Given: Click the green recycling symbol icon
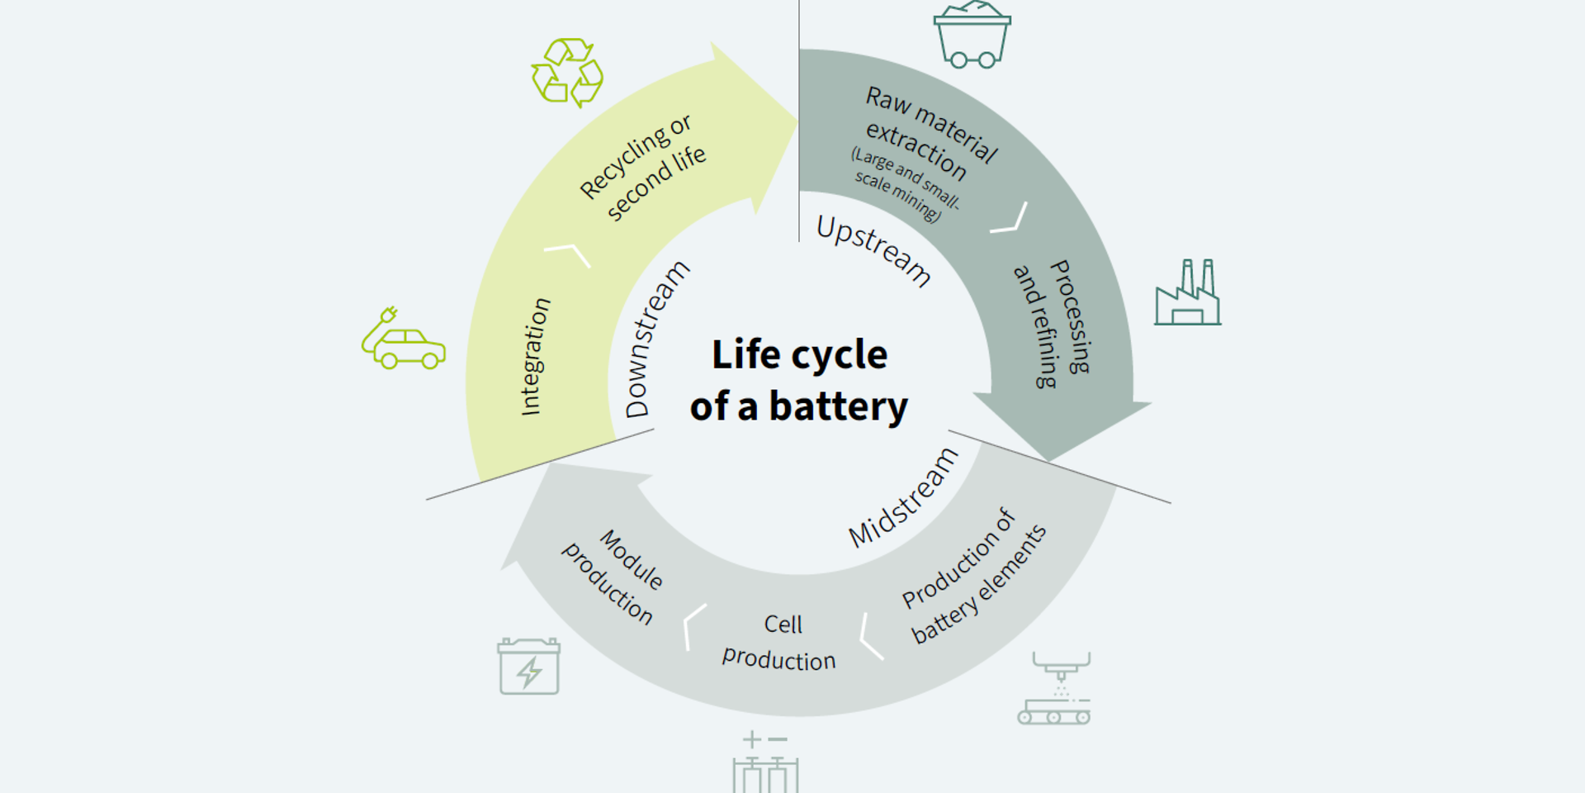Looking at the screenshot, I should point(567,72).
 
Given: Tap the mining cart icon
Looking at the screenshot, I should point(972,35).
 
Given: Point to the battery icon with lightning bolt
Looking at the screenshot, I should point(529,666).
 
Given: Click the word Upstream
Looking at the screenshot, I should point(873,250).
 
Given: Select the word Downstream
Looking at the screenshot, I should point(656,339).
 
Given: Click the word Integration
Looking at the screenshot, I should point(535,356).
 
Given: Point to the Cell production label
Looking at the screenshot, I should point(780,642).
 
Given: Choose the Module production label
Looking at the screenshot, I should point(613,577).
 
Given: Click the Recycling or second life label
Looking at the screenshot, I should point(642,168).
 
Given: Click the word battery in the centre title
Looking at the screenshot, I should point(838,407).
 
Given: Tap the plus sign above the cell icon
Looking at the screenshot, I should point(751,738).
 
